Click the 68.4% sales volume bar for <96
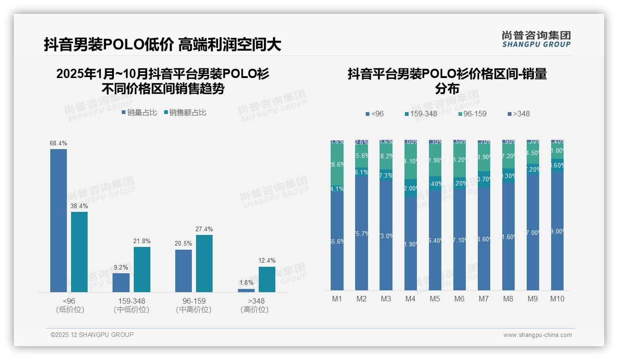[59, 220]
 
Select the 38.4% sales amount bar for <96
[79, 252]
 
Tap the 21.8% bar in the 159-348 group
[142, 269]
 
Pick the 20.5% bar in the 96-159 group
[184, 270]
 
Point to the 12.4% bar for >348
[267, 279]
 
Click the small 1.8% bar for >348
[246, 290]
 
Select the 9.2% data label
[121, 267]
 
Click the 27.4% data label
[204, 229]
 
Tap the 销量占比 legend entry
[139, 112]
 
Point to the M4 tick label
[410, 299]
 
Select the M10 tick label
[557, 299]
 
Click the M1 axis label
[337, 299]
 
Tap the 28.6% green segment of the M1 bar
[337, 164]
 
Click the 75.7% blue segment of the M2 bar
[362, 234]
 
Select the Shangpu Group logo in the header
[536, 39]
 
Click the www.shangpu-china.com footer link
[537, 335]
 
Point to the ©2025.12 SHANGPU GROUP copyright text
[92, 335]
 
